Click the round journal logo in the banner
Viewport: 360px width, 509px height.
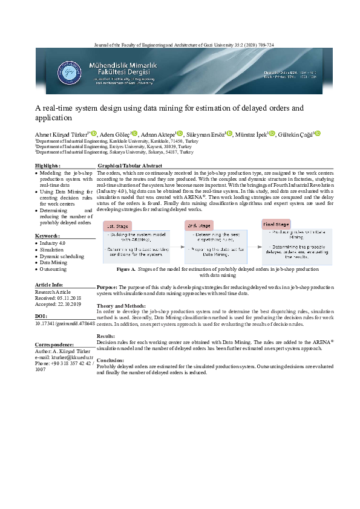pos(68,74)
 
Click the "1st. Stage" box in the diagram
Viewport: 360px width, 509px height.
pos(119,225)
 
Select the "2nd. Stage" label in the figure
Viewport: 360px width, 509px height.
pos(200,225)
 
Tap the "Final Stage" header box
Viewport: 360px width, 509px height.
pos(277,224)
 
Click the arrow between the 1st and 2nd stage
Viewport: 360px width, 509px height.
pos(175,245)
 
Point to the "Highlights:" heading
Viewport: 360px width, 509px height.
pos(48,165)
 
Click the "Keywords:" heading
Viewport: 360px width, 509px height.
pos(47,235)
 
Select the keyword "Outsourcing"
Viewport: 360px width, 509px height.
pos(53,269)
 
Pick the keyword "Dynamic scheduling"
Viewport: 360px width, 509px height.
pos(61,256)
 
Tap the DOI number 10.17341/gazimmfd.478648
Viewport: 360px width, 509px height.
pos(65,324)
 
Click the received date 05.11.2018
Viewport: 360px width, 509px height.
pos(70,297)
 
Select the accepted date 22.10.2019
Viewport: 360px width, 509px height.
pos(70,304)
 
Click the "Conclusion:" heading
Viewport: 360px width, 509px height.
pos(110,360)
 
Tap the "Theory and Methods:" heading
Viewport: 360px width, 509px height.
pos(121,306)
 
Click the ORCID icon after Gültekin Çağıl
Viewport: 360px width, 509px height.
pos(318,133)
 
